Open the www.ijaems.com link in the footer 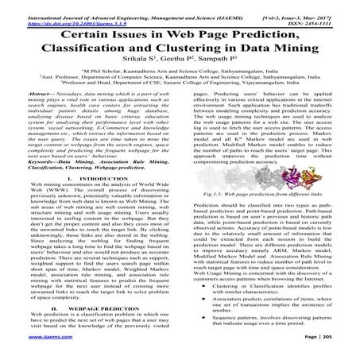pyautogui.click(x=28, y=350)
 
